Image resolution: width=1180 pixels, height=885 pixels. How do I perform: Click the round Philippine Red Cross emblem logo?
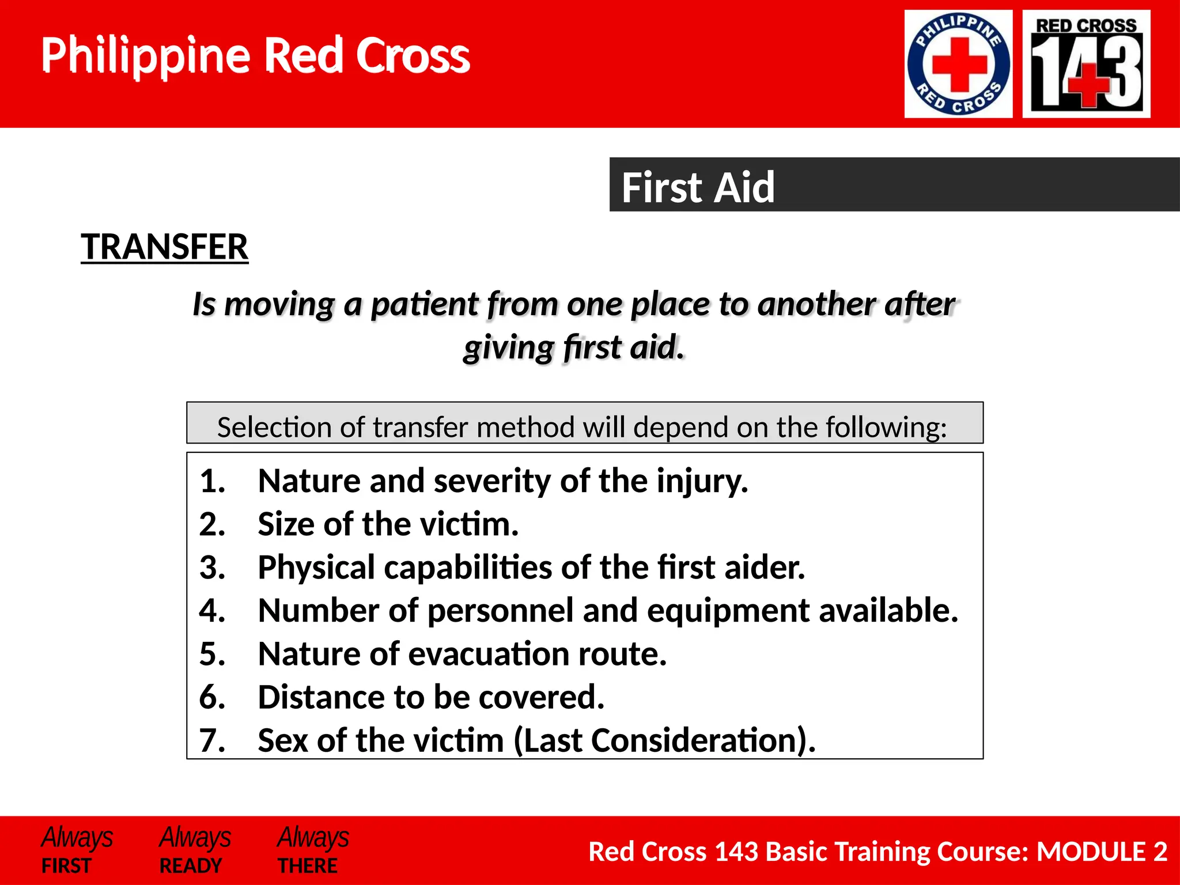(958, 64)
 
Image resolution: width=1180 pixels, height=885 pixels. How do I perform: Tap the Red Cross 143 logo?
(1086, 64)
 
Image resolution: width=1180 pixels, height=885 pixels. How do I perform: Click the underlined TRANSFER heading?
(164, 247)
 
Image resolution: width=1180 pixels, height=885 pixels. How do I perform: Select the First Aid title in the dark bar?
(698, 187)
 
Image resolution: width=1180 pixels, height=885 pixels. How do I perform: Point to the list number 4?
(211, 610)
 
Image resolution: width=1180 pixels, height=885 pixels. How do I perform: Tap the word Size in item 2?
(286, 524)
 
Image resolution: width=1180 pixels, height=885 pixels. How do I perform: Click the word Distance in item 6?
(321, 697)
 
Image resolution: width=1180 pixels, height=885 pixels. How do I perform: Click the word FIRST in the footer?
(66, 865)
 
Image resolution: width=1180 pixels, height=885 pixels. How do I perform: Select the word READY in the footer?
(190, 865)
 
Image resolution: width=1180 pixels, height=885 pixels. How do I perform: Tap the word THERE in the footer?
(308, 865)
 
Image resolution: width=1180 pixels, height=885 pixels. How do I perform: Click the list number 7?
(211, 740)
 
